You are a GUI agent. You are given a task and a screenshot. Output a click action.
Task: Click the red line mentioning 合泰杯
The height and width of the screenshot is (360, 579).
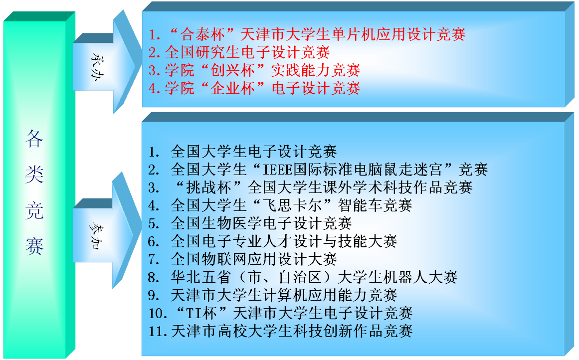tap(307, 35)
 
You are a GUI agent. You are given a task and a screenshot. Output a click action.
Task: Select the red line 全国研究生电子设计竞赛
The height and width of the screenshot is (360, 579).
tap(239, 52)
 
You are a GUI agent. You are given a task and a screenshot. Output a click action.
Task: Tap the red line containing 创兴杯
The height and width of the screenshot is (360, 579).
tap(254, 70)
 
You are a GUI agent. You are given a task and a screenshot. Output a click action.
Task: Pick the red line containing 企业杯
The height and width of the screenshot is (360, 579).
tap(254, 88)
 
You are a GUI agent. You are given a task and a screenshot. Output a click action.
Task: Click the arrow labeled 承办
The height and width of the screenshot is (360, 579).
tap(107, 62)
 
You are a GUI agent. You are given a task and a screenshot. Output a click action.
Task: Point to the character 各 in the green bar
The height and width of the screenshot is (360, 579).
tap(34, 139)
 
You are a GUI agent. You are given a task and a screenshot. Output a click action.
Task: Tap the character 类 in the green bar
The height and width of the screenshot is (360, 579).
tap(34, 175)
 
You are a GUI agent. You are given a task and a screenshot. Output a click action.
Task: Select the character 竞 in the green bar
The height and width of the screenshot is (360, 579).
tap(34, 210)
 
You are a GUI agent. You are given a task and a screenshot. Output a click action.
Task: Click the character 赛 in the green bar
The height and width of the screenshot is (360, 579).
tap(34, 246)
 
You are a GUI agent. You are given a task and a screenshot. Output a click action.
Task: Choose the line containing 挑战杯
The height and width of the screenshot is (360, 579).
tap(310, 187)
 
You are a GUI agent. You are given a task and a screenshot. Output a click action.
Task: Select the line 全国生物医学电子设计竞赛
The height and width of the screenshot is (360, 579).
tap(250, 223)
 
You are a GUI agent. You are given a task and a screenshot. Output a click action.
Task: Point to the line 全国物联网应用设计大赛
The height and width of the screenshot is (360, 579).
tap(242, 259)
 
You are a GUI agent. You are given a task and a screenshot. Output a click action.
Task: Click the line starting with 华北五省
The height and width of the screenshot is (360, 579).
tap(303, 277)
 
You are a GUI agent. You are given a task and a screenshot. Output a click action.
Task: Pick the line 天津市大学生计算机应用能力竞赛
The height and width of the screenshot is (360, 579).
tap(273, 295)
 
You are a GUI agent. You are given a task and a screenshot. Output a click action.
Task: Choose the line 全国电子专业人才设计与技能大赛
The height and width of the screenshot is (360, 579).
tap(273, 241)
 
